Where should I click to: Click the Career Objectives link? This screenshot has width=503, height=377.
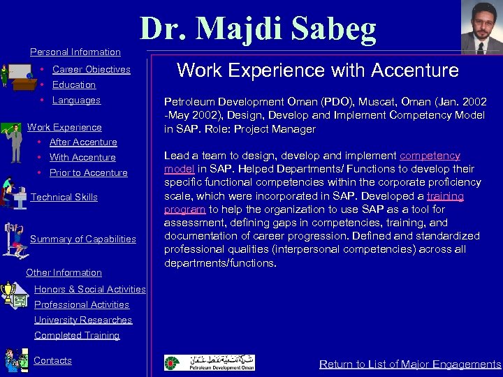pos(91,69)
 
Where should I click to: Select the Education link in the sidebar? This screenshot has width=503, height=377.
pos(73,84)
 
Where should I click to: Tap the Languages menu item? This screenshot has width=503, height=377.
pos(76,100)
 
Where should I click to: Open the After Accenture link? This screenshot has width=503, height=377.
pos(82,142)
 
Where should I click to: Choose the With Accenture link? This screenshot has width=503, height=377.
pos(82,157)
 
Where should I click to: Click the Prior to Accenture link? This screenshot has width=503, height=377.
pos(88,172)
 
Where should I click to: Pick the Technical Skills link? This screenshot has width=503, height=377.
pos(64,197)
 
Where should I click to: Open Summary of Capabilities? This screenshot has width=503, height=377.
pos(83,239)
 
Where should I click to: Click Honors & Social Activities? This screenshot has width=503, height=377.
pos(90,289)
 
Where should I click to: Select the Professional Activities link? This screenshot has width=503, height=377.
pos(82,304)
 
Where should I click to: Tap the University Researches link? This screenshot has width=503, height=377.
pos(83,320)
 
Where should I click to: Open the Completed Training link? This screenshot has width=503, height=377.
pos(77,335)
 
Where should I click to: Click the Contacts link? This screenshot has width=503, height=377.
pos(52,360)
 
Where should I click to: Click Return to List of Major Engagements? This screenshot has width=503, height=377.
pos(410,364)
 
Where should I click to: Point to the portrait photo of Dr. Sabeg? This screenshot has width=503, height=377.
pos(481,27)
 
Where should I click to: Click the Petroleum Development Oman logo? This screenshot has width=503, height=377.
pos(209,363)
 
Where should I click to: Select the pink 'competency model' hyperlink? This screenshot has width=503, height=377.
pos(429,156)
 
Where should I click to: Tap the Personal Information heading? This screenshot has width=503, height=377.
pos(75,52)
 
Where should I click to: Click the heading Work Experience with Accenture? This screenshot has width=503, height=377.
pos(318,71)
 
